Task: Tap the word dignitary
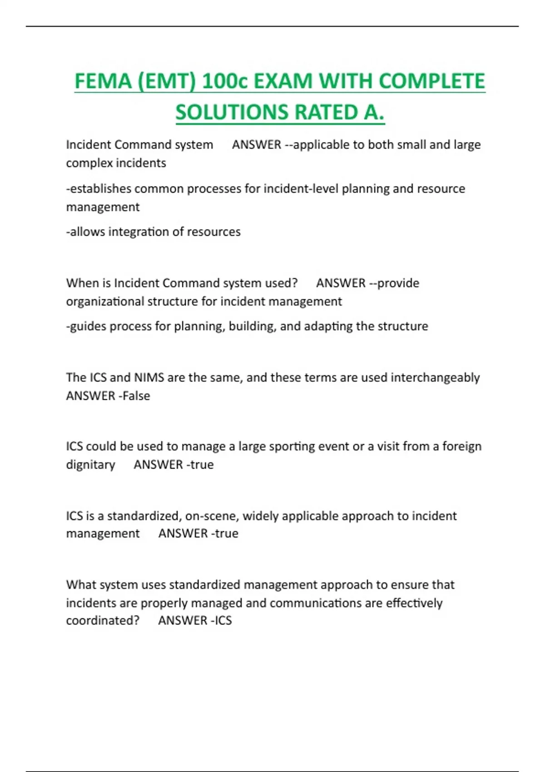(90, 465)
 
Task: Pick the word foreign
(462, 446)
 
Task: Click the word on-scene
(212, 516)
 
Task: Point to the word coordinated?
(103, 621)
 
